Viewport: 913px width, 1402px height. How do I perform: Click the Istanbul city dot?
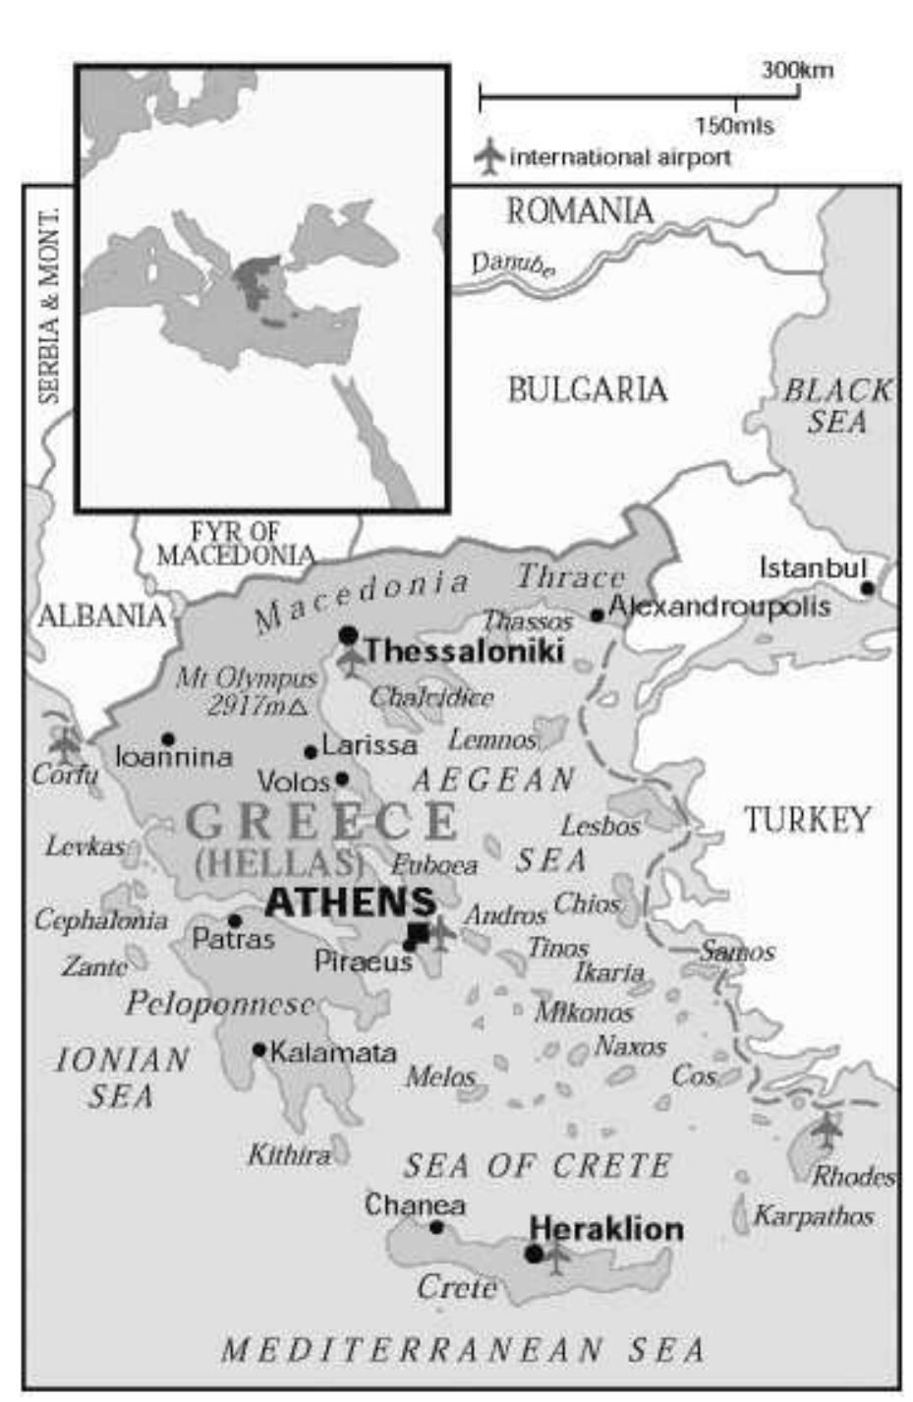(867, 588)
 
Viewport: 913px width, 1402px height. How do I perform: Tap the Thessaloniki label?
(464, 651)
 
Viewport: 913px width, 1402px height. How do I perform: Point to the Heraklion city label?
(606, 1229)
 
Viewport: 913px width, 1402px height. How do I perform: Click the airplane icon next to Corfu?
(66, 744)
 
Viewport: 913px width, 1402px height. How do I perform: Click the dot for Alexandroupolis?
(597, 615)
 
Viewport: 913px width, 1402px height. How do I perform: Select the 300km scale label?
(796, 71)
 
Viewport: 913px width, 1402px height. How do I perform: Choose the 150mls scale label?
(734, 126)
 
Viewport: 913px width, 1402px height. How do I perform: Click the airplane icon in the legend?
(488, 156)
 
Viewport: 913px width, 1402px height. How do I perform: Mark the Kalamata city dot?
(259, 1049)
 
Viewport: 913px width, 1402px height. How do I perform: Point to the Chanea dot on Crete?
(436, 1227)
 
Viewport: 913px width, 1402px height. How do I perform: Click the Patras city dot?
(235, 921)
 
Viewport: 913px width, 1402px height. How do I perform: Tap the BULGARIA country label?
(587, 390)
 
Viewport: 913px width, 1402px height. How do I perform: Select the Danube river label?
(511, 264)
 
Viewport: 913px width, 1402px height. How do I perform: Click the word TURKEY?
(806, 819)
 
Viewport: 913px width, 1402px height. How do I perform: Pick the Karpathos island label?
(813, 1216)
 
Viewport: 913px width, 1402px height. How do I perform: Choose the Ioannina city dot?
(168, 739)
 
